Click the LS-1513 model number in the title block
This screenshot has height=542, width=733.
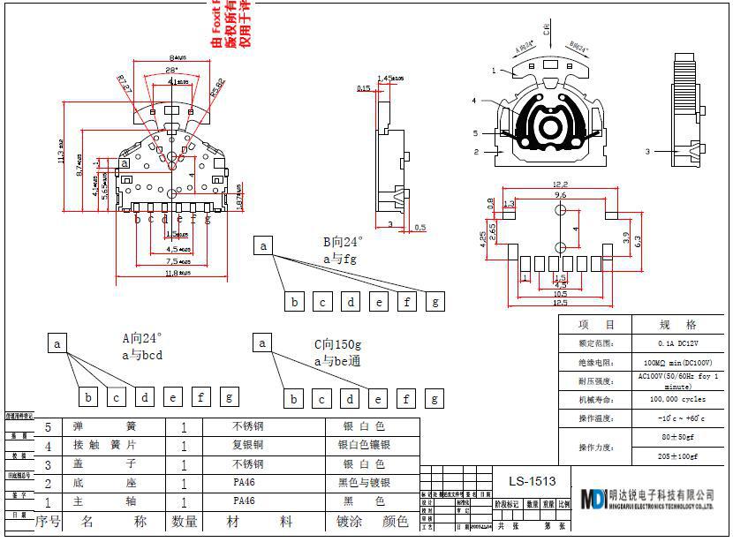(x=533, y=481)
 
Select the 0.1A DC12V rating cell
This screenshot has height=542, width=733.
(x=677, y=343)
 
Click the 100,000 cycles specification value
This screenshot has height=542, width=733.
(x=677, y=399)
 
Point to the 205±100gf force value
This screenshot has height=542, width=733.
(x=677, y=456)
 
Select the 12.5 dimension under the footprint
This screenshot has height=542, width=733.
(x=560, y=303)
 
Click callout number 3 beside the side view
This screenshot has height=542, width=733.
(x=646, y=152)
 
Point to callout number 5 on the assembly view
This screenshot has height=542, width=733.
(x=474, y=133)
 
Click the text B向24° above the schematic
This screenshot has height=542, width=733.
(x=343, y=240)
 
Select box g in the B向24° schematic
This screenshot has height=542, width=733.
(x=435, y=302)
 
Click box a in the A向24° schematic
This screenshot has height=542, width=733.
(x=57, y=343)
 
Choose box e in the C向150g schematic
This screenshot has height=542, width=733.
(x=379, y=399)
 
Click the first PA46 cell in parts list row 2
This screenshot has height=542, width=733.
(x=245, y=483)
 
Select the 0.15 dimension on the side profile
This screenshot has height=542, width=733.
(x=364, y=88)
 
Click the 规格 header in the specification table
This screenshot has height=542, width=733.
(x=677, y=325)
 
